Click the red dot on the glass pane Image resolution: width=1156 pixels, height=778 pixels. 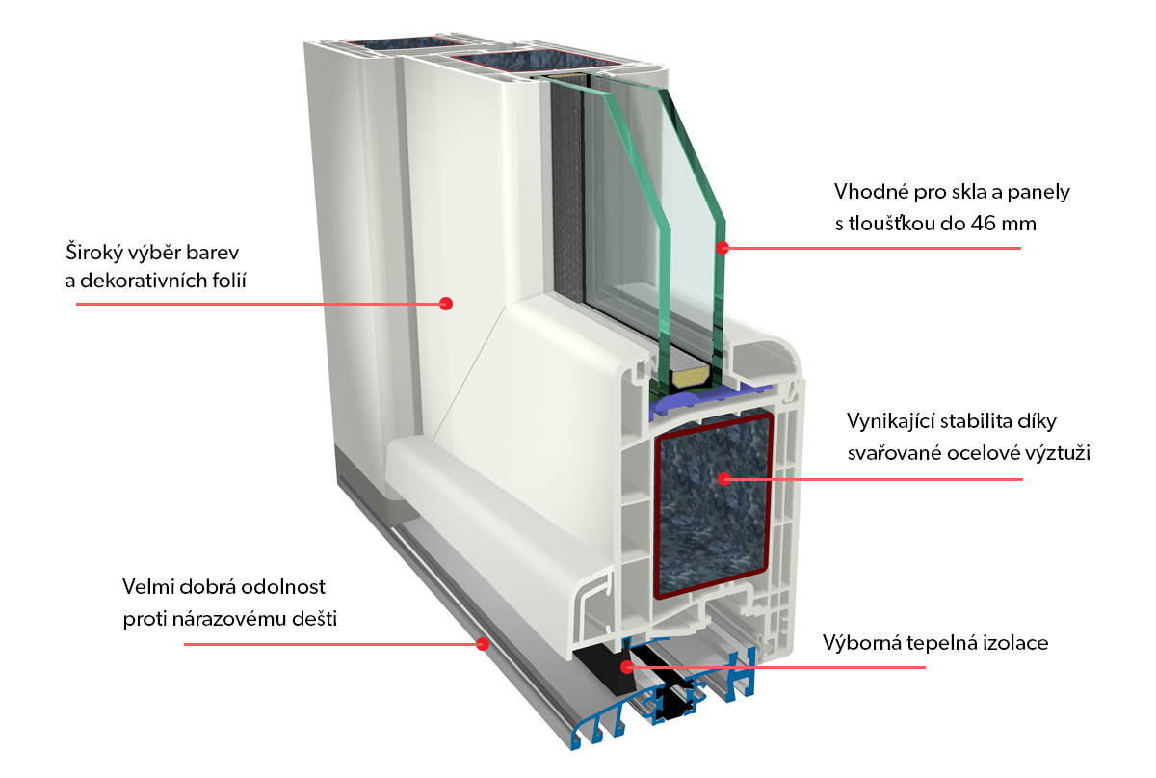[x=722, y=248]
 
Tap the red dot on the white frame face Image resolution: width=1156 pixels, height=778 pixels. [x=445, y=304]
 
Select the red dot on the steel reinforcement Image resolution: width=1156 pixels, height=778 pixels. [x=722, y=477]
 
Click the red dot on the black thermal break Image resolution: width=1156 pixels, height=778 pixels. [x=626, y=665]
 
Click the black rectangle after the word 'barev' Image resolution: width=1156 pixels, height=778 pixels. [x=246, y=255]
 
